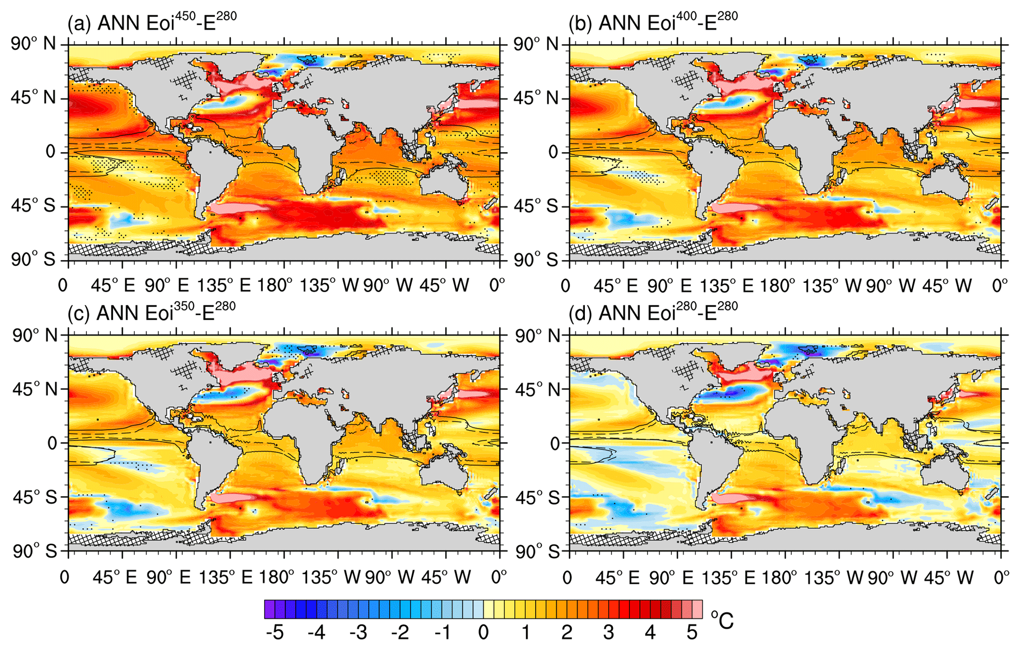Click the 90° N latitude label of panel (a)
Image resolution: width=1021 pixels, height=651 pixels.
point(34,44)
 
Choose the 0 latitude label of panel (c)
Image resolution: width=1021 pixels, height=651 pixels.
point(50,443)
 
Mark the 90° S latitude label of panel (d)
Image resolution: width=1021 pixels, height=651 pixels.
point(536,551)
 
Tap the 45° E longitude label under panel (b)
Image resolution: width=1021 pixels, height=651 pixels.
point(615,285)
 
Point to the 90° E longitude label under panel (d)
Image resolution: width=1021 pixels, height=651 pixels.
point(670,577)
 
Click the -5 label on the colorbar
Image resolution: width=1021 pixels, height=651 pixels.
point(275,633)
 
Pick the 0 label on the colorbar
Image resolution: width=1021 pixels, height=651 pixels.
point(483,633)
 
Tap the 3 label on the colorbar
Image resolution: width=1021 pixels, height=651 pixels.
point(608,633)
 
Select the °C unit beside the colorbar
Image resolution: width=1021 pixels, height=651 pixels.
point(722,620)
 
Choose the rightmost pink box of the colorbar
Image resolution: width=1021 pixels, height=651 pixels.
point(697,609)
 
